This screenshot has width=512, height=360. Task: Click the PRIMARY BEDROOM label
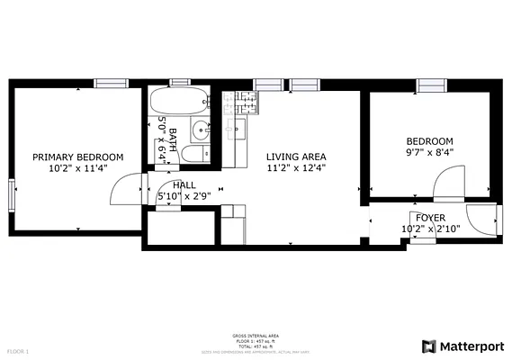[x=78, y=157]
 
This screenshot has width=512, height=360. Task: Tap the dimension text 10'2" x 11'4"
[x=78, y=167]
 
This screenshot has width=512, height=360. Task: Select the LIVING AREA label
[x=296, y=157]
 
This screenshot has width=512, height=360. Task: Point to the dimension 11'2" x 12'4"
[x=296, y=167]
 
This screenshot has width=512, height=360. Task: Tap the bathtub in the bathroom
[x=179, y=102]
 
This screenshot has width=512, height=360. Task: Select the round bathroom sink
[x=201, y=131]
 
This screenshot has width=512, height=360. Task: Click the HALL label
[x=184, y=185]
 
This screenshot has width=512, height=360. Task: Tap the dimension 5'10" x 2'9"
[x=184, y=196]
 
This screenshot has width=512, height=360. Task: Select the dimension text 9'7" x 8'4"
[x=429, y=152]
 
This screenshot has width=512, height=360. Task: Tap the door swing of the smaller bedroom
[x=447, y=184]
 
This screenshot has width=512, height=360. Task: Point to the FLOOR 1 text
[x=18, y=350]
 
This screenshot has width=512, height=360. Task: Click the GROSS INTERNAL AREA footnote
[x=256, y=336]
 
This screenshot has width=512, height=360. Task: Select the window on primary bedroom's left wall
[x=12, y=193]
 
